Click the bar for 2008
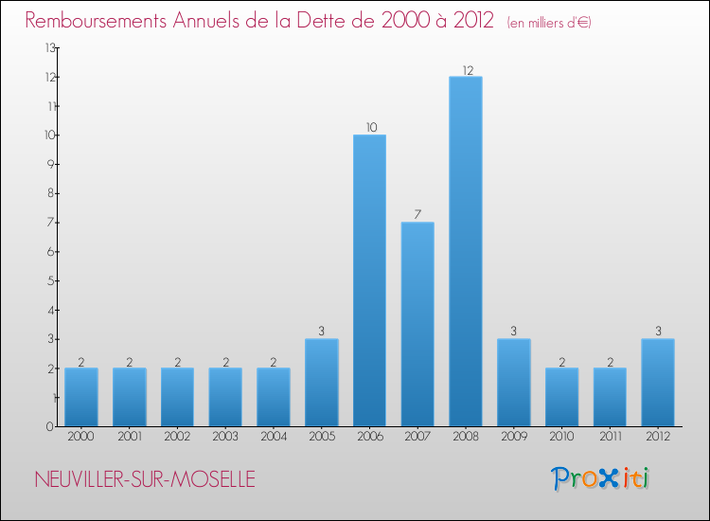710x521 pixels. click(465, 251)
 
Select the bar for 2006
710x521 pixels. click(369, 280)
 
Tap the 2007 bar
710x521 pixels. click(417, 324)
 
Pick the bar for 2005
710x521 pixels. click(321, 383)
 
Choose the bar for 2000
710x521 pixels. click(81, 397)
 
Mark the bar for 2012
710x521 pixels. click(658, 383)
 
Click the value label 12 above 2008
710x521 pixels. click(466, 70)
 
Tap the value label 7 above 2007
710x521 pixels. click(417, 215)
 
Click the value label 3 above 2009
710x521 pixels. click(513, 332)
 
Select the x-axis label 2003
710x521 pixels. click(225, 437)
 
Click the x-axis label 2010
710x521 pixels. click(561, 437)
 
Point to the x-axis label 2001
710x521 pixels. click(130, 437)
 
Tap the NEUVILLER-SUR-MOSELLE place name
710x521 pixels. click(143, 479)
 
